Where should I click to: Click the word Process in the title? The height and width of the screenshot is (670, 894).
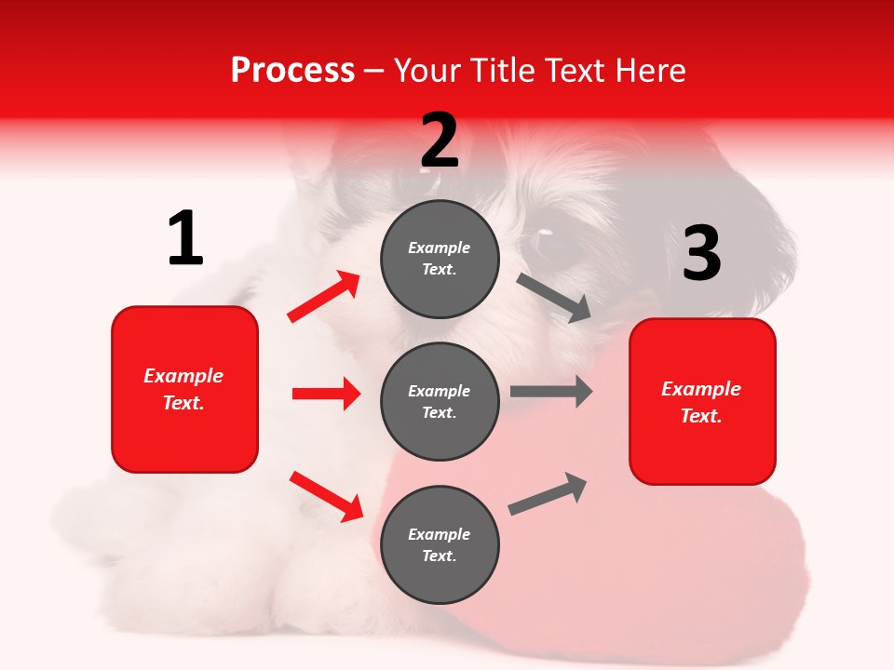tap(292, 71)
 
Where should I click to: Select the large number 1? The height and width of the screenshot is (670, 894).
tap(185, 239)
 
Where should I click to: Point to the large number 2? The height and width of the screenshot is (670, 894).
tap(440, 141)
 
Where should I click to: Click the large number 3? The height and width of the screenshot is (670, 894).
tap(701, 253)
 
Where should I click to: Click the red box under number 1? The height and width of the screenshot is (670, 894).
tap(184, 389)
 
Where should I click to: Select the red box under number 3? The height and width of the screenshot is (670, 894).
tap(702, 402)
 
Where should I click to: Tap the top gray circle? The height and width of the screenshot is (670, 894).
tap(440, 259)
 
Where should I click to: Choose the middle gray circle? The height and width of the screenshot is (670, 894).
tap(440, 401)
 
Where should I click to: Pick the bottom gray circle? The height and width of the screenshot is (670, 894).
tap(440, 544)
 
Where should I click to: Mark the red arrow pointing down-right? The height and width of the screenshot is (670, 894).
tap(326, 496)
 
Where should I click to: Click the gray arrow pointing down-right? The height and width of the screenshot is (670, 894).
tap(553, 298)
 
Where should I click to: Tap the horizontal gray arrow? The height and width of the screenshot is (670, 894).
tap(550, 391)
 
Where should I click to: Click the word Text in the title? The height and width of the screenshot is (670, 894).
tap(572, 71)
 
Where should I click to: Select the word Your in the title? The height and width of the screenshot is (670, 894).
tap(427, 71)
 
